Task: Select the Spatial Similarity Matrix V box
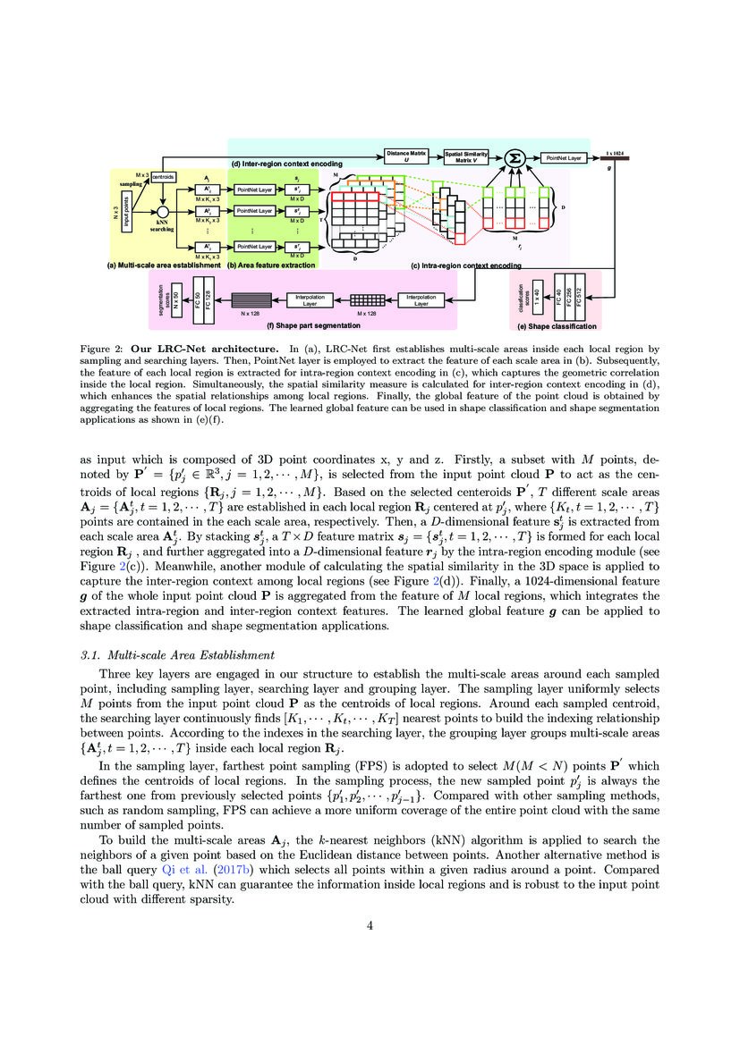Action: pos(466,156)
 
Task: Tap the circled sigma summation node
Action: pos(514,158)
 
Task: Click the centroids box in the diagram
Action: pos(164,177)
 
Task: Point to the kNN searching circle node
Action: pos(162,211)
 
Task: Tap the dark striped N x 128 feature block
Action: pos(256,300)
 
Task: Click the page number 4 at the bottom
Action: pos(370,924)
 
